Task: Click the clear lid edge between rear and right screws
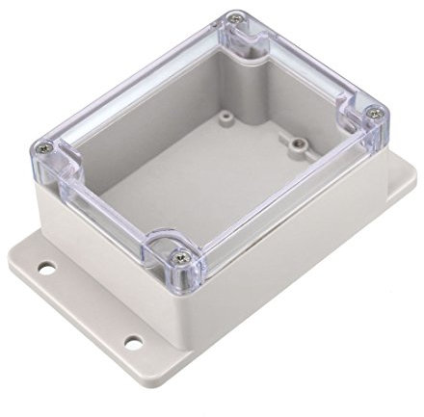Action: click(x=308, y=64)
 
